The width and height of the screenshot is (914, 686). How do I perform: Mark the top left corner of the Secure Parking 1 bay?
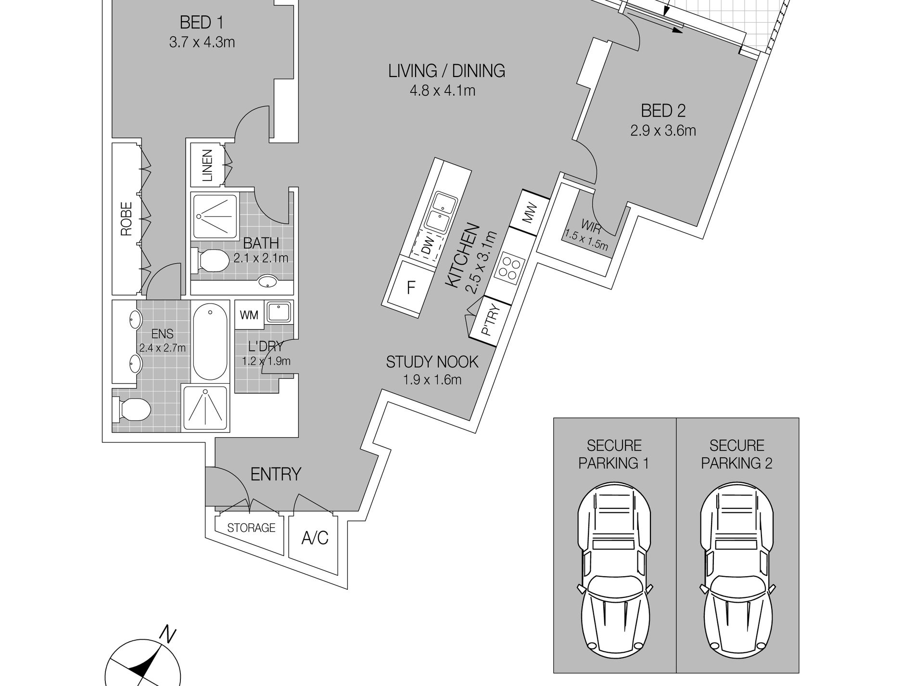pyautogui.click(x=554, y=418)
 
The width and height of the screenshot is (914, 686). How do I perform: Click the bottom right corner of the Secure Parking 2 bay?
pyautogui.click(x=799, y=673)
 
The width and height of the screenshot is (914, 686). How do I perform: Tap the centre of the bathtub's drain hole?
pyautogui.click(x=210, y=312)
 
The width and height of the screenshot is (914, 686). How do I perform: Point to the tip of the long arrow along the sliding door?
pyautogui.click(x=683, y=31)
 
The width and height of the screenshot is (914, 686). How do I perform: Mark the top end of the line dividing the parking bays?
pyautogui.click(x=676, y=418)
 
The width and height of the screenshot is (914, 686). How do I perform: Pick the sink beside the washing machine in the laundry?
pyautogui.click(x=279, y=312)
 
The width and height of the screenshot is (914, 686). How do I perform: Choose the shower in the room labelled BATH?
pyautogui.click(x=216, y=216)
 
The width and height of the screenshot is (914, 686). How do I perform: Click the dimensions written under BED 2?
pyautogui.click(x=663, y=130)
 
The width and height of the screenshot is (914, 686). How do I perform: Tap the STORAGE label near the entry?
pyautogui.click(x=251, y=528)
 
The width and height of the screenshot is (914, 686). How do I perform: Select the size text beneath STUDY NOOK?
pyautogui.click(x=432, y=380)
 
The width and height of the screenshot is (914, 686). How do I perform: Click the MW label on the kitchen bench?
pyautogui.click(x=529, y=214)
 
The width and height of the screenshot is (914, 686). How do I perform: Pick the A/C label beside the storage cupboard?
pyautogui.click(x=315, y=538)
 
